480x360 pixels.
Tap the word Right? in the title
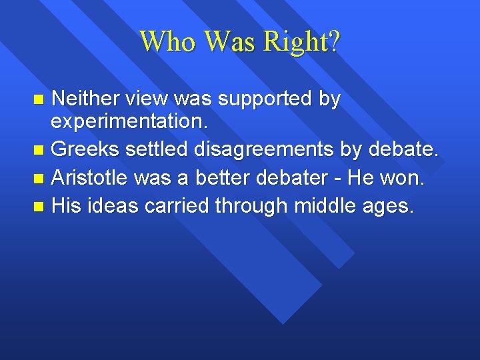(301, 41)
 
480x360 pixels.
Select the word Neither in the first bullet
(85, 99)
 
